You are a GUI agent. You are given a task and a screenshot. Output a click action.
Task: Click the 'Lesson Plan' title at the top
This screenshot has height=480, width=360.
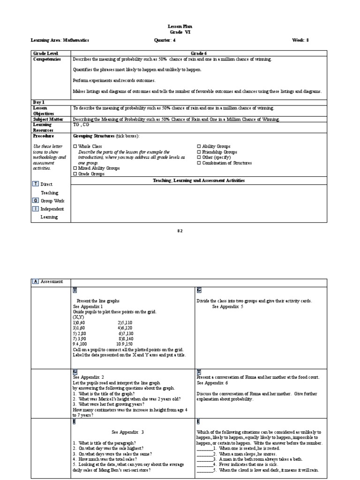tap(180, 27)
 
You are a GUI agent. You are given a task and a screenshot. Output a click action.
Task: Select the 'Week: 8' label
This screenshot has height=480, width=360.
tap(300, 40)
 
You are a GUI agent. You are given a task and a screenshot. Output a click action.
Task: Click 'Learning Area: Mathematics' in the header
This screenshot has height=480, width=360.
tap(60, 40)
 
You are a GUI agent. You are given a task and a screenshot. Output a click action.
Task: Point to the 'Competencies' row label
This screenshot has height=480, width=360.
tap(47, 60)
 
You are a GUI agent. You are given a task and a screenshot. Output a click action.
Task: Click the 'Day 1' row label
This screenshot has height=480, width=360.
tap(39, 102)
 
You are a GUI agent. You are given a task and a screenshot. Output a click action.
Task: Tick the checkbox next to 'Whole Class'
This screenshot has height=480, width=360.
tap(75, 147)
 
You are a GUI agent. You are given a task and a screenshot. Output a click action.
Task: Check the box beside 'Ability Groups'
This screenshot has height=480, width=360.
tap(199, 147)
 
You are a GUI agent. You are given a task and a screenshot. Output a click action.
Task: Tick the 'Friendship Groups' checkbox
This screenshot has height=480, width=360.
tap(199, 152)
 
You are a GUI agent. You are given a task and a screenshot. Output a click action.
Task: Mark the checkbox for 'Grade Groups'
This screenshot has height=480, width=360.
tap(75, 174)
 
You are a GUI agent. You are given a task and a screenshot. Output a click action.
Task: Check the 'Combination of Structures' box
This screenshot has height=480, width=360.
tap(199, 163)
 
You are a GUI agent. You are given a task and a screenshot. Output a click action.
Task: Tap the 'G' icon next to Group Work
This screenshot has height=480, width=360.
tap(36, 201)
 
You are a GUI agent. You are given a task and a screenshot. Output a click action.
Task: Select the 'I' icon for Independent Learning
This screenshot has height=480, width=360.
tap(36, 209)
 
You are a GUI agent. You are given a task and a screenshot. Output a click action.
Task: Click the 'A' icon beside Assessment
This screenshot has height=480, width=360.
tap(36, 281)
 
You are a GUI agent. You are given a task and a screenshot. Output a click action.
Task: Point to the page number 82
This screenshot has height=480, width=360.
tap(180, 231)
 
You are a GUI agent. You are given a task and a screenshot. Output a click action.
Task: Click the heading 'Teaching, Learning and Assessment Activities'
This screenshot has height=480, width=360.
tap(199, 180)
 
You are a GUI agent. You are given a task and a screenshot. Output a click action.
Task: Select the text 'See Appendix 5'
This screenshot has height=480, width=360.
tap(228, 307)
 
